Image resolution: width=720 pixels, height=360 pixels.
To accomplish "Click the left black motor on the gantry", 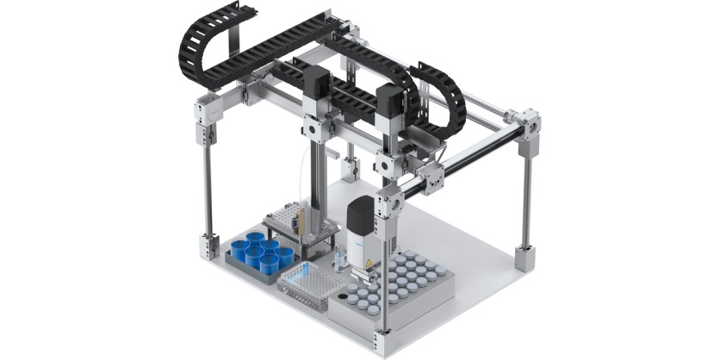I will (316, 86).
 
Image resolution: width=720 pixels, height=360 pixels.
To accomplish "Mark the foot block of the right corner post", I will (525, 257).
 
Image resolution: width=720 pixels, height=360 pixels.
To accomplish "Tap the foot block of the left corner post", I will (208, 245).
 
